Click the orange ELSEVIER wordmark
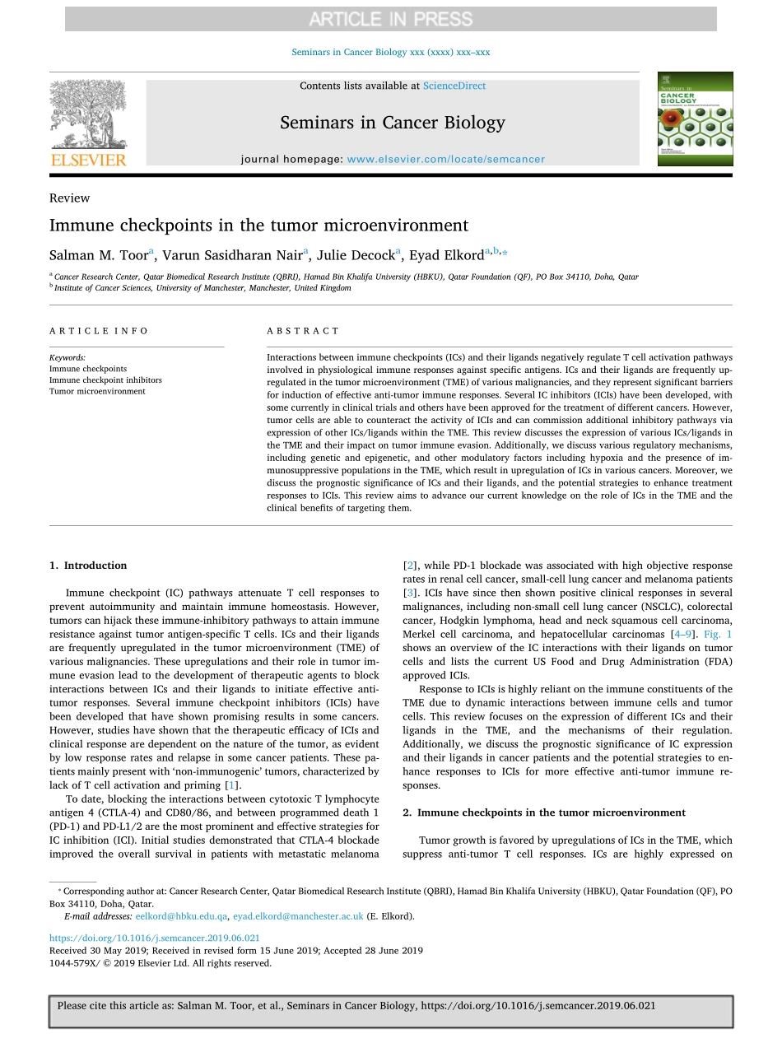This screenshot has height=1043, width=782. [89, 160]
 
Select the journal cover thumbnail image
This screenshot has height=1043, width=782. [695, 119]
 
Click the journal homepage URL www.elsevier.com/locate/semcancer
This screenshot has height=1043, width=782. [445, 160]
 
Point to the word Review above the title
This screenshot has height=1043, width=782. [70, 198]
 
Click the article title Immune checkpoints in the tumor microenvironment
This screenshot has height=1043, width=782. [258, 226]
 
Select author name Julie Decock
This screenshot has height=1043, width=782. [357, 255]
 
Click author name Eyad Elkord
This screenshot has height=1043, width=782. [449, 255]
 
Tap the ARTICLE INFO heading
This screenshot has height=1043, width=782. [99, 331]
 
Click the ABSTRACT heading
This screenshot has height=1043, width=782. [303, 331]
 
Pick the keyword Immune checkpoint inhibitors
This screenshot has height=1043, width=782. [105, 380]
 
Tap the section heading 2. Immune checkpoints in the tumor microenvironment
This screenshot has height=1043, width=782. [544, 813]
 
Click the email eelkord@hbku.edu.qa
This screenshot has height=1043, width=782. [181, 916]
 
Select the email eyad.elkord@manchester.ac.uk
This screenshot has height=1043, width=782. [298, 916]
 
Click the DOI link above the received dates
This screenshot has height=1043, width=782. [155, 938]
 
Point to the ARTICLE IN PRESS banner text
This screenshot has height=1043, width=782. [391, 18]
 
